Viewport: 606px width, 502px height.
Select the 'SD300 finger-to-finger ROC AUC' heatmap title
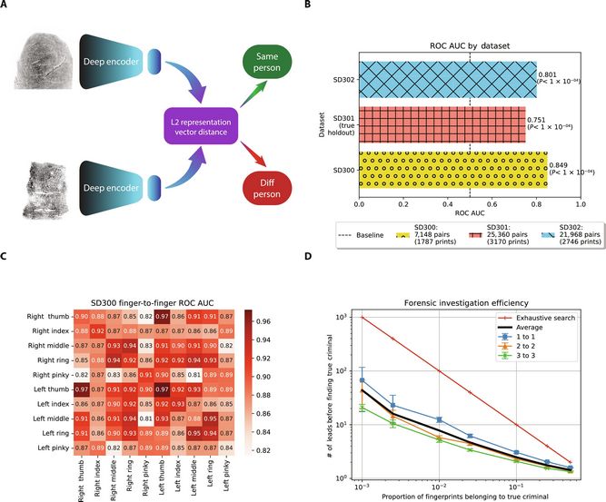[158, 300]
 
